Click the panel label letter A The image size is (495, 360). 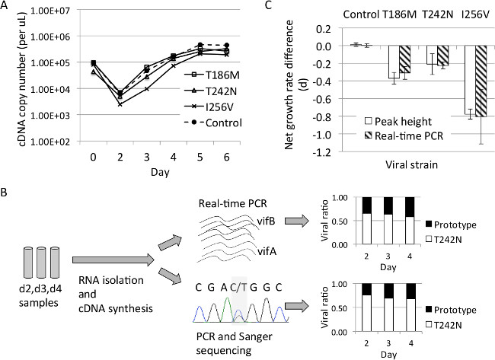click(7, 7)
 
